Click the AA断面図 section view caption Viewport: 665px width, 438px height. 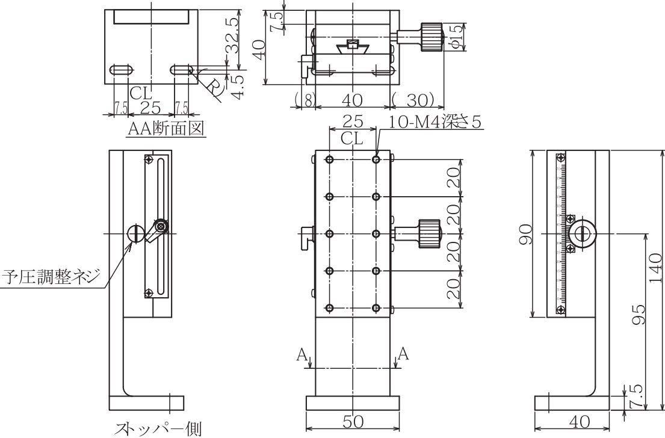tap(167, 128)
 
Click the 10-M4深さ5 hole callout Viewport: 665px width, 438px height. tap(436, 122)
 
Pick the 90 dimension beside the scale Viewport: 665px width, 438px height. tap(525, 233)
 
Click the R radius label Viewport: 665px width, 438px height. tap(214, 88)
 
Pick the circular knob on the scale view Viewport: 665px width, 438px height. tap(582, 233)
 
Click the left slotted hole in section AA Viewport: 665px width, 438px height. tap(121, 70)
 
